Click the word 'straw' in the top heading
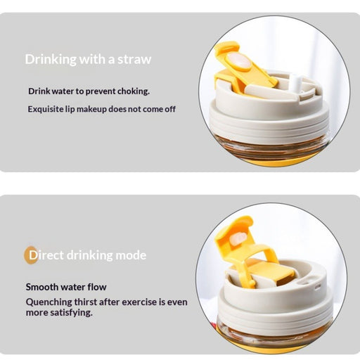click(134, 59)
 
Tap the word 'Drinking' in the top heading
click(51, 59)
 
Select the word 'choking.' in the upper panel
click(134, 91)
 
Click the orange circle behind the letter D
click(31, 255)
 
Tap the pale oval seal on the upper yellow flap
click(239, 61)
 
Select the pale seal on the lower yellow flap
click(238, 238)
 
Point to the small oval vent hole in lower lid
click(317, 287)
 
